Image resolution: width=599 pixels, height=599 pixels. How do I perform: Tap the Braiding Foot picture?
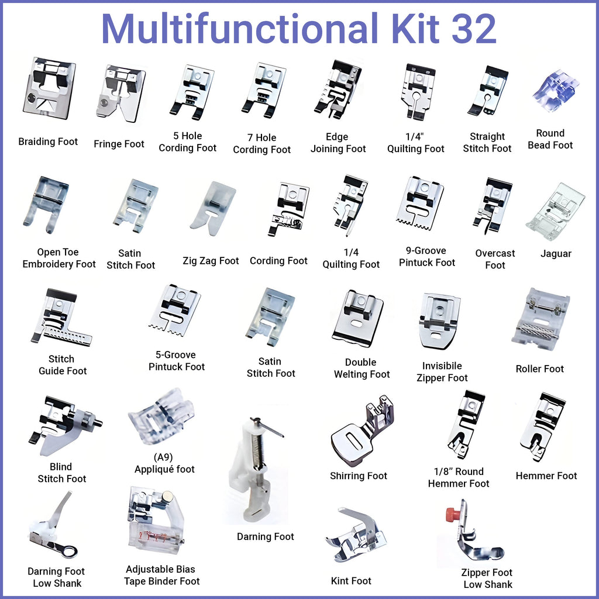point(49,88)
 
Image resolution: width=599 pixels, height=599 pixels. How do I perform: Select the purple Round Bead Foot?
point(555,90)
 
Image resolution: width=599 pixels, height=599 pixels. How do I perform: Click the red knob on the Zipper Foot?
point(452,514)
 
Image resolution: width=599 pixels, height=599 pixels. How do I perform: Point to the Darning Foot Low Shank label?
point(56,577)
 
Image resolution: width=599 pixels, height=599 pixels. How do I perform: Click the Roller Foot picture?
point(540,319)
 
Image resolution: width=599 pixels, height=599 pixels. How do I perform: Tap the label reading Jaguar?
point(556,254)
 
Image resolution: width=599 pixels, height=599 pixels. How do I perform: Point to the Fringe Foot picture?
point(121,93)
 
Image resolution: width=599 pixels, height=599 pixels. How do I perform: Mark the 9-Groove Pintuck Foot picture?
point(420,202)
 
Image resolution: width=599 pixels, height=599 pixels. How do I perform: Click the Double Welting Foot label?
point(362,369)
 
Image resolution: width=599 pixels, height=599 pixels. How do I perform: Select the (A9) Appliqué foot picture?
point(161,416)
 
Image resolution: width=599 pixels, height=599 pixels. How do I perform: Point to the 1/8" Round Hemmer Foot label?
point(459,478)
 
